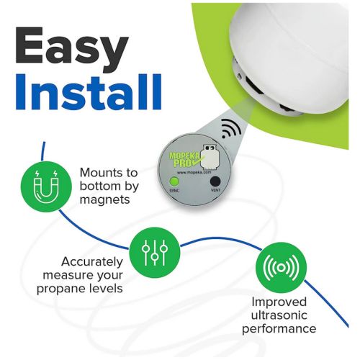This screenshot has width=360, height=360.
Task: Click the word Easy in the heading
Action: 71,48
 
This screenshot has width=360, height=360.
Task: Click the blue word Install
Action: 89,91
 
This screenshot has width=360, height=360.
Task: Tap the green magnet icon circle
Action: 46,186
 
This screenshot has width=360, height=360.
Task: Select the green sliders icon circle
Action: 155,253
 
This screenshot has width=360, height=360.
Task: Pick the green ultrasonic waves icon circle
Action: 281,267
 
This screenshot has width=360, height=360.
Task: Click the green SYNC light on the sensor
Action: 174,181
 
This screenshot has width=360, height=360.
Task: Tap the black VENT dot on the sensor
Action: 215,181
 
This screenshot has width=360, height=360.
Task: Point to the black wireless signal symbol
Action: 231,129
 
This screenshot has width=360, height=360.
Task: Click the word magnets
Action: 104,199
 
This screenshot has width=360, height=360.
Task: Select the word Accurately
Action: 92,261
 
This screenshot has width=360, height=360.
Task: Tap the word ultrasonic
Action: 279,315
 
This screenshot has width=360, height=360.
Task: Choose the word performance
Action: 279,329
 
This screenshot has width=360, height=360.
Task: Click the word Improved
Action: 279,302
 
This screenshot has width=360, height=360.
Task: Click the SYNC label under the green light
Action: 174,191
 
